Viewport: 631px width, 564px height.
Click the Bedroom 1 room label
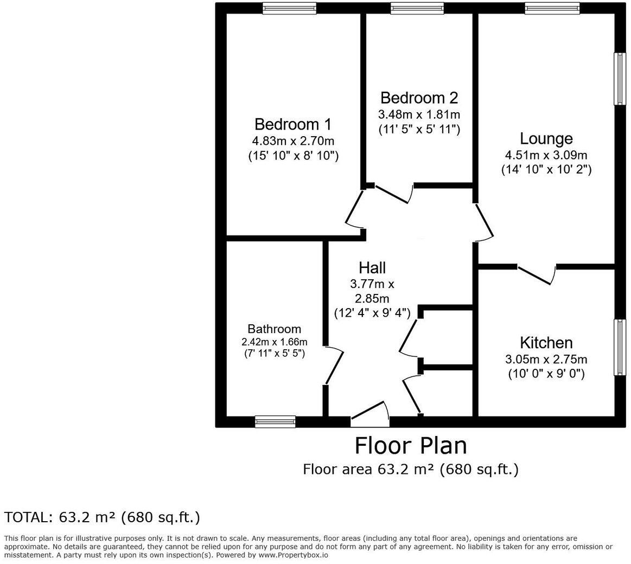292,124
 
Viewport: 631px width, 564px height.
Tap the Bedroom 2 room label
419,98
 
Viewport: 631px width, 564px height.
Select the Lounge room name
546,138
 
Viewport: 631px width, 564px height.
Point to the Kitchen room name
546,343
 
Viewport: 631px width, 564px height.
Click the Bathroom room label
274,329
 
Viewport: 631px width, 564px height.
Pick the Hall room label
372,267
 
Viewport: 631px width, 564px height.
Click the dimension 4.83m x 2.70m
292,141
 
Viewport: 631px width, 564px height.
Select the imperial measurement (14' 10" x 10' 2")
546,169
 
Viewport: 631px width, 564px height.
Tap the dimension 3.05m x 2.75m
546,359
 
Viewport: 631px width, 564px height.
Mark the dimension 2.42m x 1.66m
274,342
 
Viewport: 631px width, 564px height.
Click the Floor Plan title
410,446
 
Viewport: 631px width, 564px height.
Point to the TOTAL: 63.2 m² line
102,517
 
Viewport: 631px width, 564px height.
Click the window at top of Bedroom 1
289,8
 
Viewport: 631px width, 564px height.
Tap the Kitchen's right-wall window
620,347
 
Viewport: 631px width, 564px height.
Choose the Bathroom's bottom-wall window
275,421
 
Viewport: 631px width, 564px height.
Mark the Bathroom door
333,366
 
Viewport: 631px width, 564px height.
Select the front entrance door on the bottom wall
370,412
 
